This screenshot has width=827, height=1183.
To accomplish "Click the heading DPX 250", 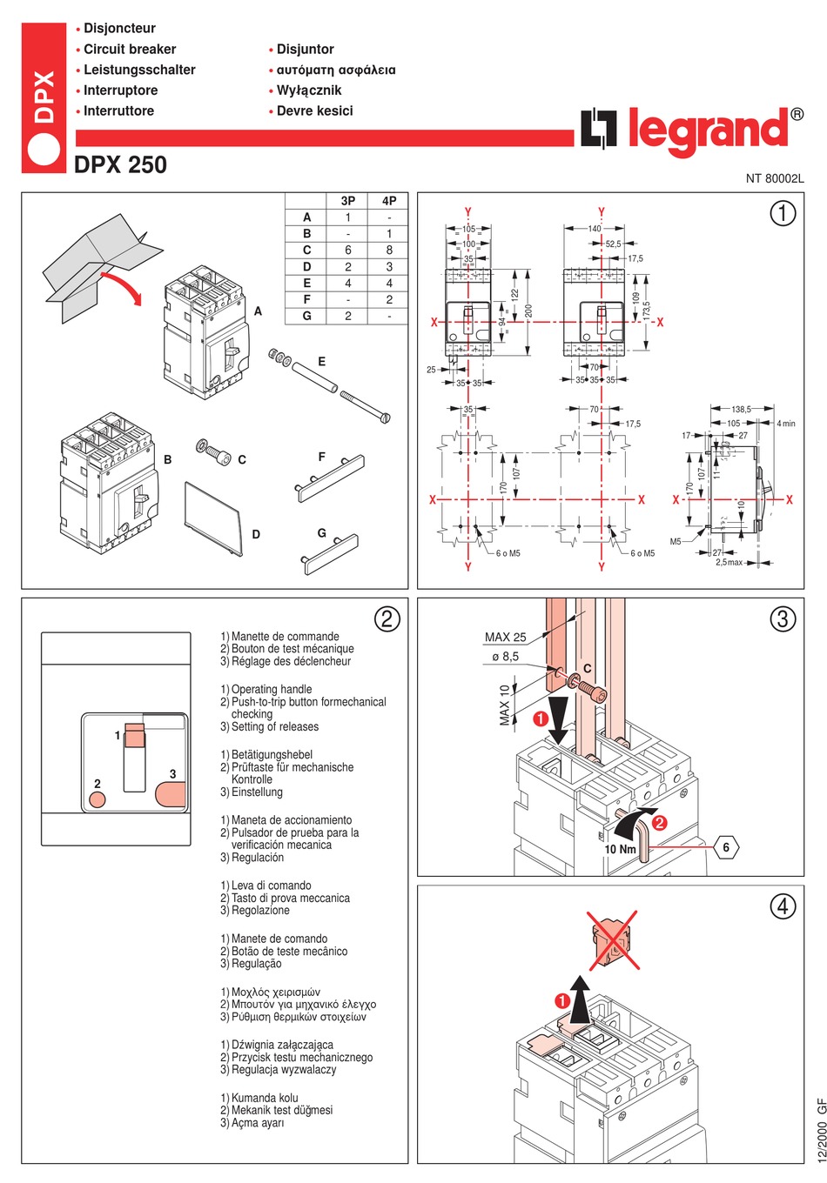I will (x=120, y=164).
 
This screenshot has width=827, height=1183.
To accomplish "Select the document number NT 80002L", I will (x=774, y=178).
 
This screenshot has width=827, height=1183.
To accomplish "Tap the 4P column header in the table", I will (x=389, y=201).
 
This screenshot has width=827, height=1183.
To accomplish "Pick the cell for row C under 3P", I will (x=348, y=251).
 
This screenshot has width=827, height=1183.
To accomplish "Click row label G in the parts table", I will (x=306, y=317).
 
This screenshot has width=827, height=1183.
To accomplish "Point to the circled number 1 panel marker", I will (x=783, y=213).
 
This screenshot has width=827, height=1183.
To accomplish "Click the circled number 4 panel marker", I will (x=783, y=906).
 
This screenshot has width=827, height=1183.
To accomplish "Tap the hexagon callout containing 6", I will (x=726, y=847).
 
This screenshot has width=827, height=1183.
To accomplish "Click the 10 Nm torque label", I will (x=620, y=849).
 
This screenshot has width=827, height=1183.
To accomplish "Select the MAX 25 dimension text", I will (x=505, y=638).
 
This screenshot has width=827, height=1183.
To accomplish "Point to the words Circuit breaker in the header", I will (x=130, y=50).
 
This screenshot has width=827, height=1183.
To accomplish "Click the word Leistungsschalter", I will (x=139, y=70).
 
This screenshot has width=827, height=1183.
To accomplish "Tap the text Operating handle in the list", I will (x=272, y=689).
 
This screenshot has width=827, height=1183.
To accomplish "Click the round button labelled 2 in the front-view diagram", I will (x=97, y=799).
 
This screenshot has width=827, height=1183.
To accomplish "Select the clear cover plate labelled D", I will (x=213, y=517).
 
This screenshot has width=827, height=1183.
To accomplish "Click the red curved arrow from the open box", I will (x=121, y=287).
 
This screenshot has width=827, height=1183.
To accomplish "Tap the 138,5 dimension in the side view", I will (x=741, y=409).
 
